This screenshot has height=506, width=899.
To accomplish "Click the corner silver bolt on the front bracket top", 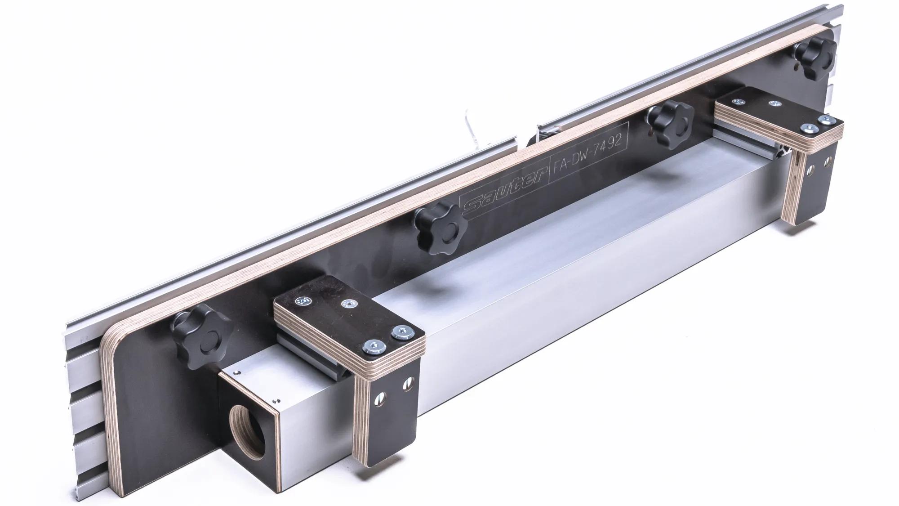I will [375, 345].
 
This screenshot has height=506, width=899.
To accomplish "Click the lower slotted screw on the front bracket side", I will [379, 396].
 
